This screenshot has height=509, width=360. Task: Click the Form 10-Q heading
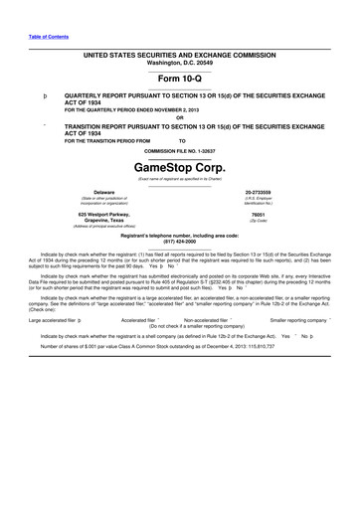pyautogui.click(x=179, y=77)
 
